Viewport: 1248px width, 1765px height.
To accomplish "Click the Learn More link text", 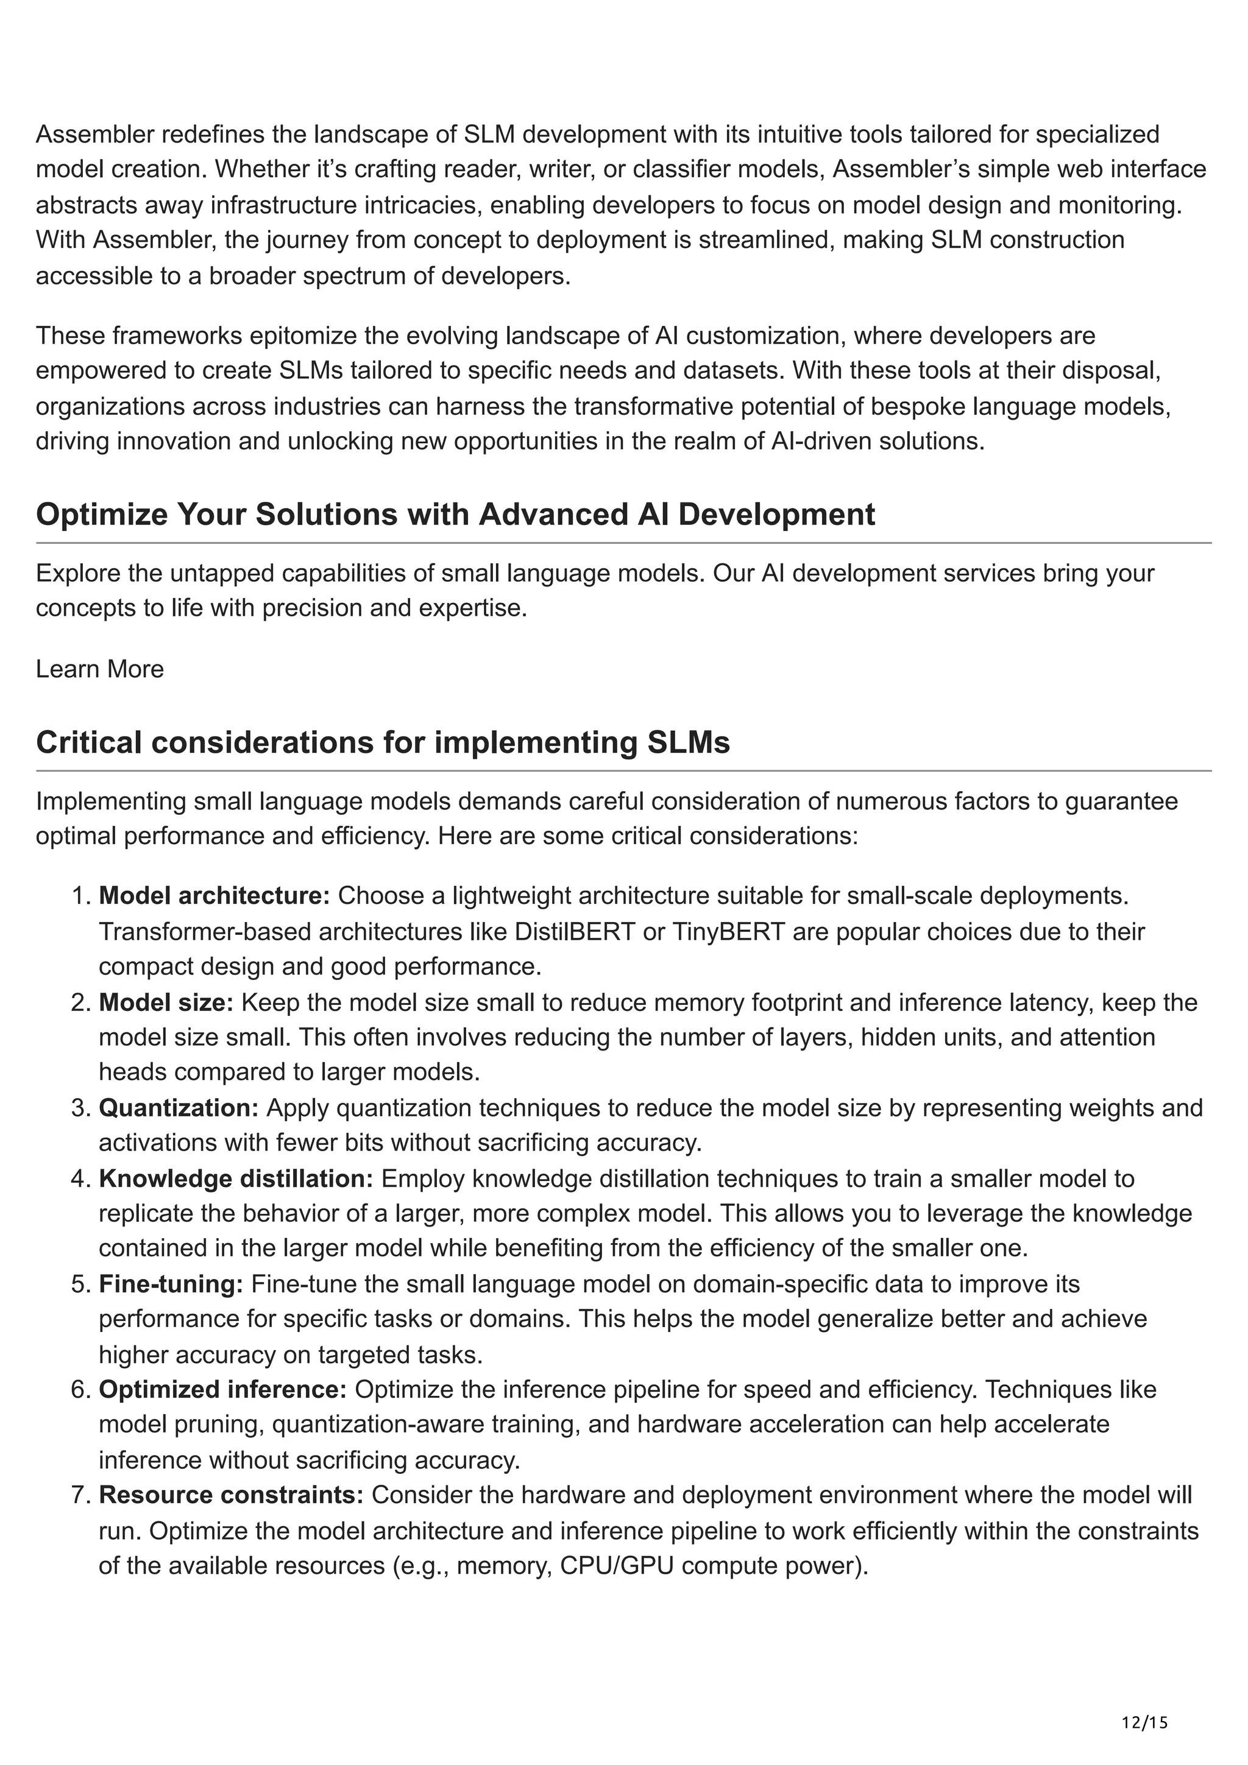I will point(100,669).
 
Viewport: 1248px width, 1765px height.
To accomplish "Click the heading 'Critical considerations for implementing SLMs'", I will point(383,742).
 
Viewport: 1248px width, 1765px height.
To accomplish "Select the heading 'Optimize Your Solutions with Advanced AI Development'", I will point(455,514).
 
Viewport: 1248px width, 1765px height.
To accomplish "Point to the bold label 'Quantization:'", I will point(179,1108).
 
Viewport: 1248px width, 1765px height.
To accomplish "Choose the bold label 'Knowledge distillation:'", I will point(236,1178).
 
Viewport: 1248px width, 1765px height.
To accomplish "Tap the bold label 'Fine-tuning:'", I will point(171,1284).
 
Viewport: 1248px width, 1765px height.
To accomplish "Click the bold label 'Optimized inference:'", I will point(223,1389).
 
